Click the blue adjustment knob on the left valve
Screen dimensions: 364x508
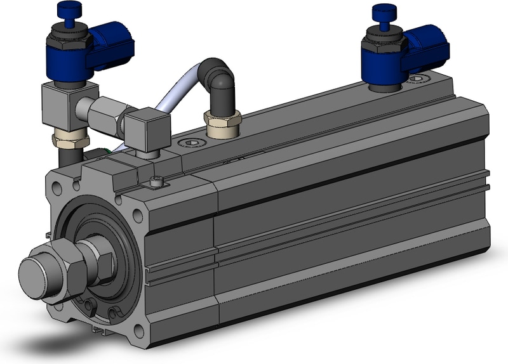coord(65,10)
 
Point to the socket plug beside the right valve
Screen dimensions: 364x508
coord(418,79)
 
